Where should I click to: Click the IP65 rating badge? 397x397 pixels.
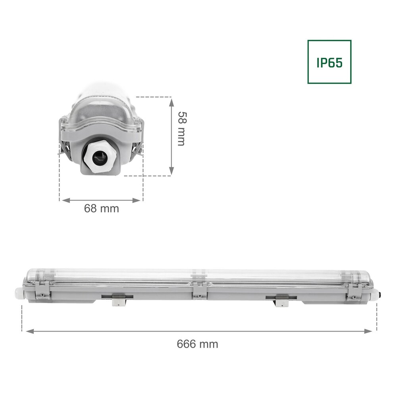coord(329,62)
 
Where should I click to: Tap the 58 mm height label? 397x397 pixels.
coord(181,128)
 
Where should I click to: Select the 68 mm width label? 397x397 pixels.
coord(101,208)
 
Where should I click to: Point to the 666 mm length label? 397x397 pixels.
coord(197,344)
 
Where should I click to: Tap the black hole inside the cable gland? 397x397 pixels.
coord(98,160)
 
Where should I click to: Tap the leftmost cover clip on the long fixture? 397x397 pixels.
coord(42,289)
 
